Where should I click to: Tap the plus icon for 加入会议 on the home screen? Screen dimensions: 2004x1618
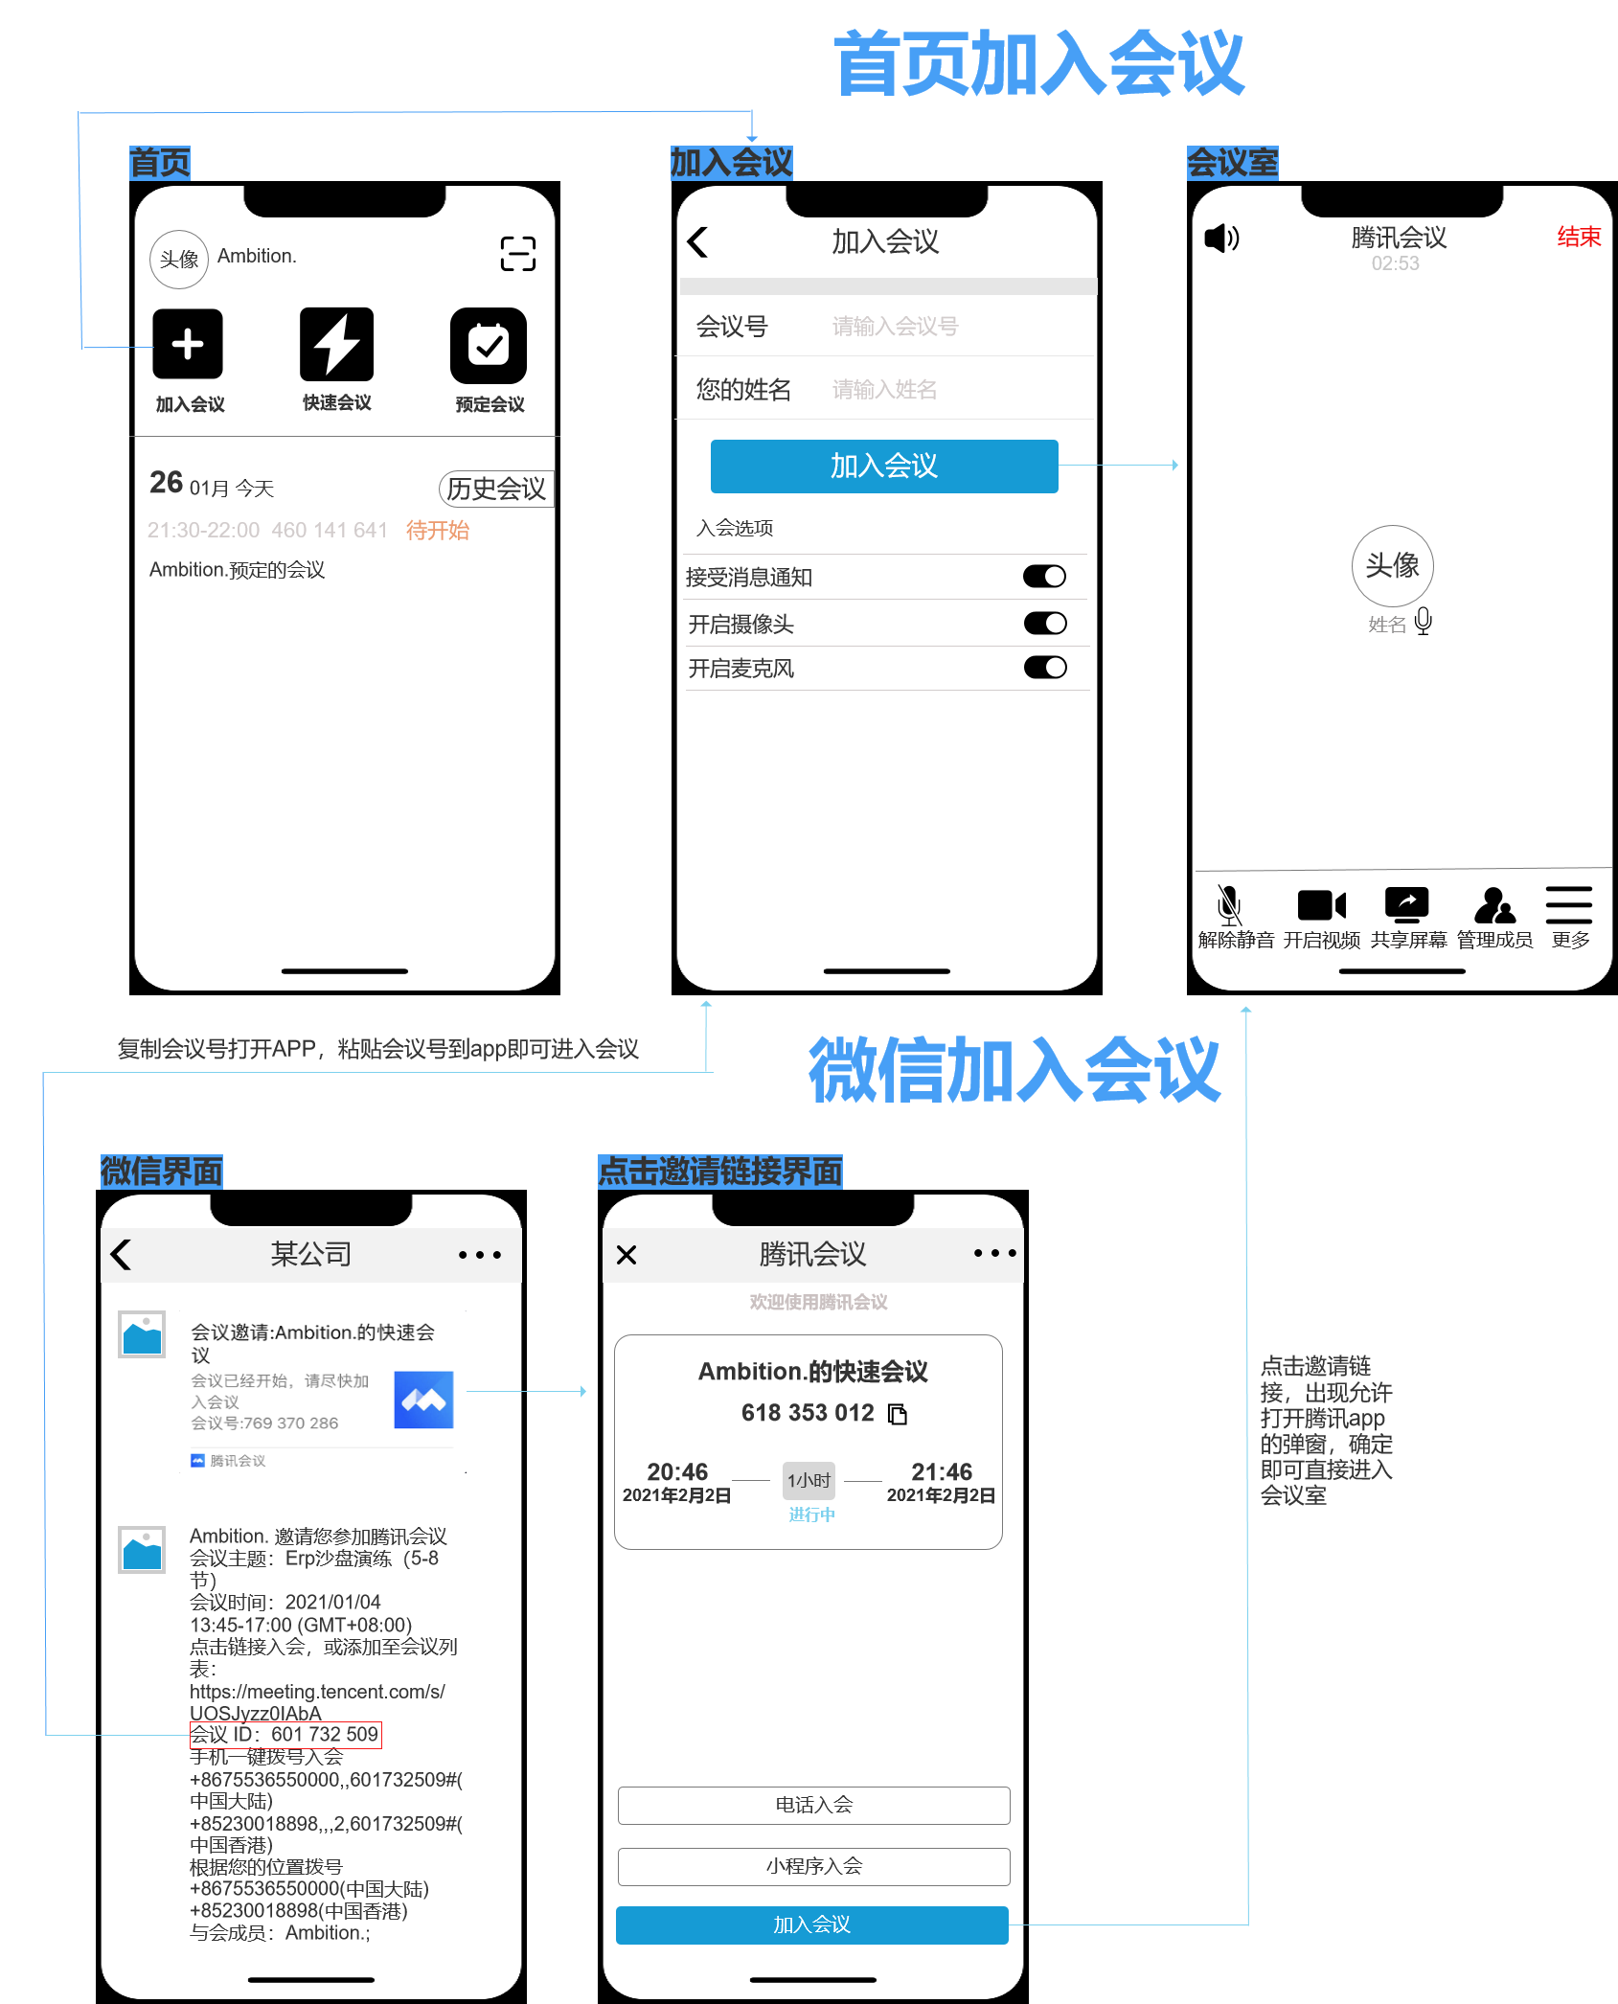pos(188,345)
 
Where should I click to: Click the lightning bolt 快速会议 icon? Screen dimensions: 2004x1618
pos(336,345)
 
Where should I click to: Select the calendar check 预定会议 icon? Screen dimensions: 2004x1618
pos(489,345)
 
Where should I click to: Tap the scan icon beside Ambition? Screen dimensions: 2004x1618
pos(517,254)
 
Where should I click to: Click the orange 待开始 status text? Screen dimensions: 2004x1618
pos(438,531)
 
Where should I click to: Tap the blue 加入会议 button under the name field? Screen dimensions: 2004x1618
pos(883,467)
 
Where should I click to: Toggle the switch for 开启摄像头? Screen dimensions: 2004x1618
pos(1044,624)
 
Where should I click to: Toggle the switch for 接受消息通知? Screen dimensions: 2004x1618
pos(1044,577)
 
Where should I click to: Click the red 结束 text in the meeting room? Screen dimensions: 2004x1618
pos(1578,237)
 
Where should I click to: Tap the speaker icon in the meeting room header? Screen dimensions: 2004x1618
pos(1221,238)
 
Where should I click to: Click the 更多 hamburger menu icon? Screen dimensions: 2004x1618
pos(1568,905)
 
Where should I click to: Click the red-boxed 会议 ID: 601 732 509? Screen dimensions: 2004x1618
pos(285,1735)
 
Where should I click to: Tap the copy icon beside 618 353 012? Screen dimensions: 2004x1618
pos(898,1414)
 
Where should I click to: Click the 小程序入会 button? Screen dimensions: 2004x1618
pos(813,1866)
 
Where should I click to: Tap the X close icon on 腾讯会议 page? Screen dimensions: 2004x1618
pos(627,1255)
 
